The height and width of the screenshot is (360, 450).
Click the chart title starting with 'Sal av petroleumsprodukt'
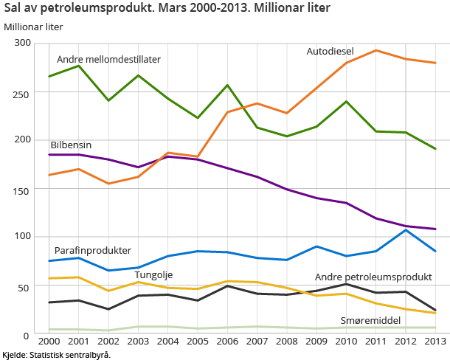(x=167, y=9)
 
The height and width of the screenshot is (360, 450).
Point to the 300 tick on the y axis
(x=22, y=43)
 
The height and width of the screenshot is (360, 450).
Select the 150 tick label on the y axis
(x=22, y=190)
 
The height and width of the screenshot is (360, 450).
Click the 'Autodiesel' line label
(x=330, y=52)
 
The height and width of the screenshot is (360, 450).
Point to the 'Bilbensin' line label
(x=71, y=145)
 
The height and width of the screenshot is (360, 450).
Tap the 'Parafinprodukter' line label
(x=92, y=250)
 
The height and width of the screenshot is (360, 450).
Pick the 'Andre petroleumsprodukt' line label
(x=373, y=277)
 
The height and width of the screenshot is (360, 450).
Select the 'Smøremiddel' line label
(x=370, y=321)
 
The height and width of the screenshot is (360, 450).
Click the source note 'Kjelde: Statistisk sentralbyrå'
(x=56, y=355)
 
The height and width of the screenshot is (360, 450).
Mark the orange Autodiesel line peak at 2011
(x=375, y=50)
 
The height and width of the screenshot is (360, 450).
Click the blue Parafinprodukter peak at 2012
(x=405, y=229)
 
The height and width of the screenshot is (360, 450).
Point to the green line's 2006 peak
(x=227, y=85)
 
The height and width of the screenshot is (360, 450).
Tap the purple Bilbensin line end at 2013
(x=435, y=229)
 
